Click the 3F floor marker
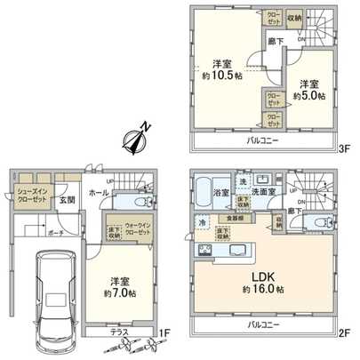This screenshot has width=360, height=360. tap(345, 150)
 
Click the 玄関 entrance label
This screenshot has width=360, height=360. tap(68, 201)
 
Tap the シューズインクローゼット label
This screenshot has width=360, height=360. tap(28, 194)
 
